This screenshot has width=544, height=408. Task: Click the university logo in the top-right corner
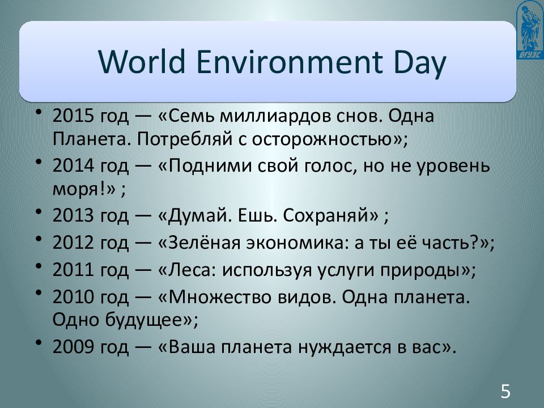click(x=528, y=29)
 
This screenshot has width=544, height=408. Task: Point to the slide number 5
click(x=505, y=390)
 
